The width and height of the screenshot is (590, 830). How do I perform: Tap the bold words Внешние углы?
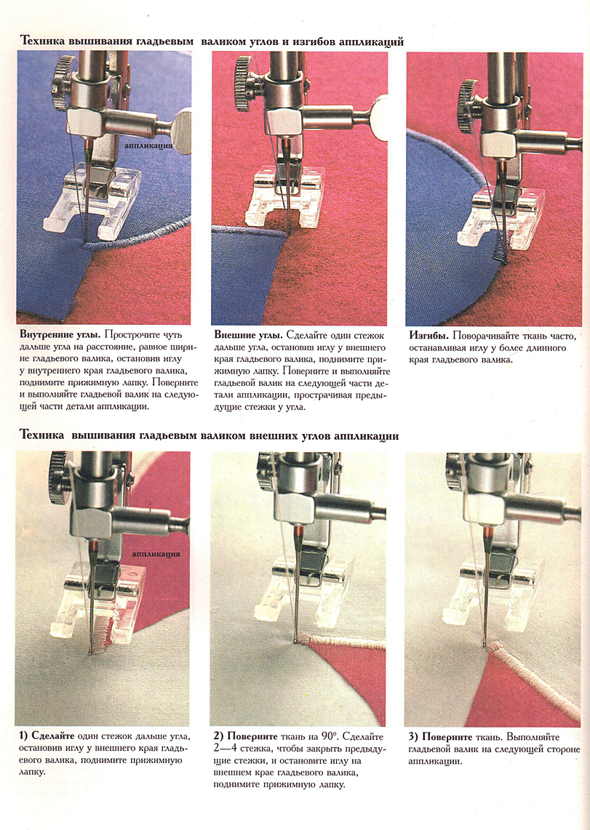coord(248,335)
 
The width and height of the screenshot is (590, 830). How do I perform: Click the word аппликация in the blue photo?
coord(149,145)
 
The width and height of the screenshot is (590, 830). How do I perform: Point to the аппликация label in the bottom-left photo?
coord(156,554)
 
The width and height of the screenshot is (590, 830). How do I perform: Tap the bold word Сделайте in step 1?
coord(53,736)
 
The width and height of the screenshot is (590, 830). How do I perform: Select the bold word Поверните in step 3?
coord(447,736)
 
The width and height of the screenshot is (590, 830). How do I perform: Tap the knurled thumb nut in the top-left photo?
coord(62,84)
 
